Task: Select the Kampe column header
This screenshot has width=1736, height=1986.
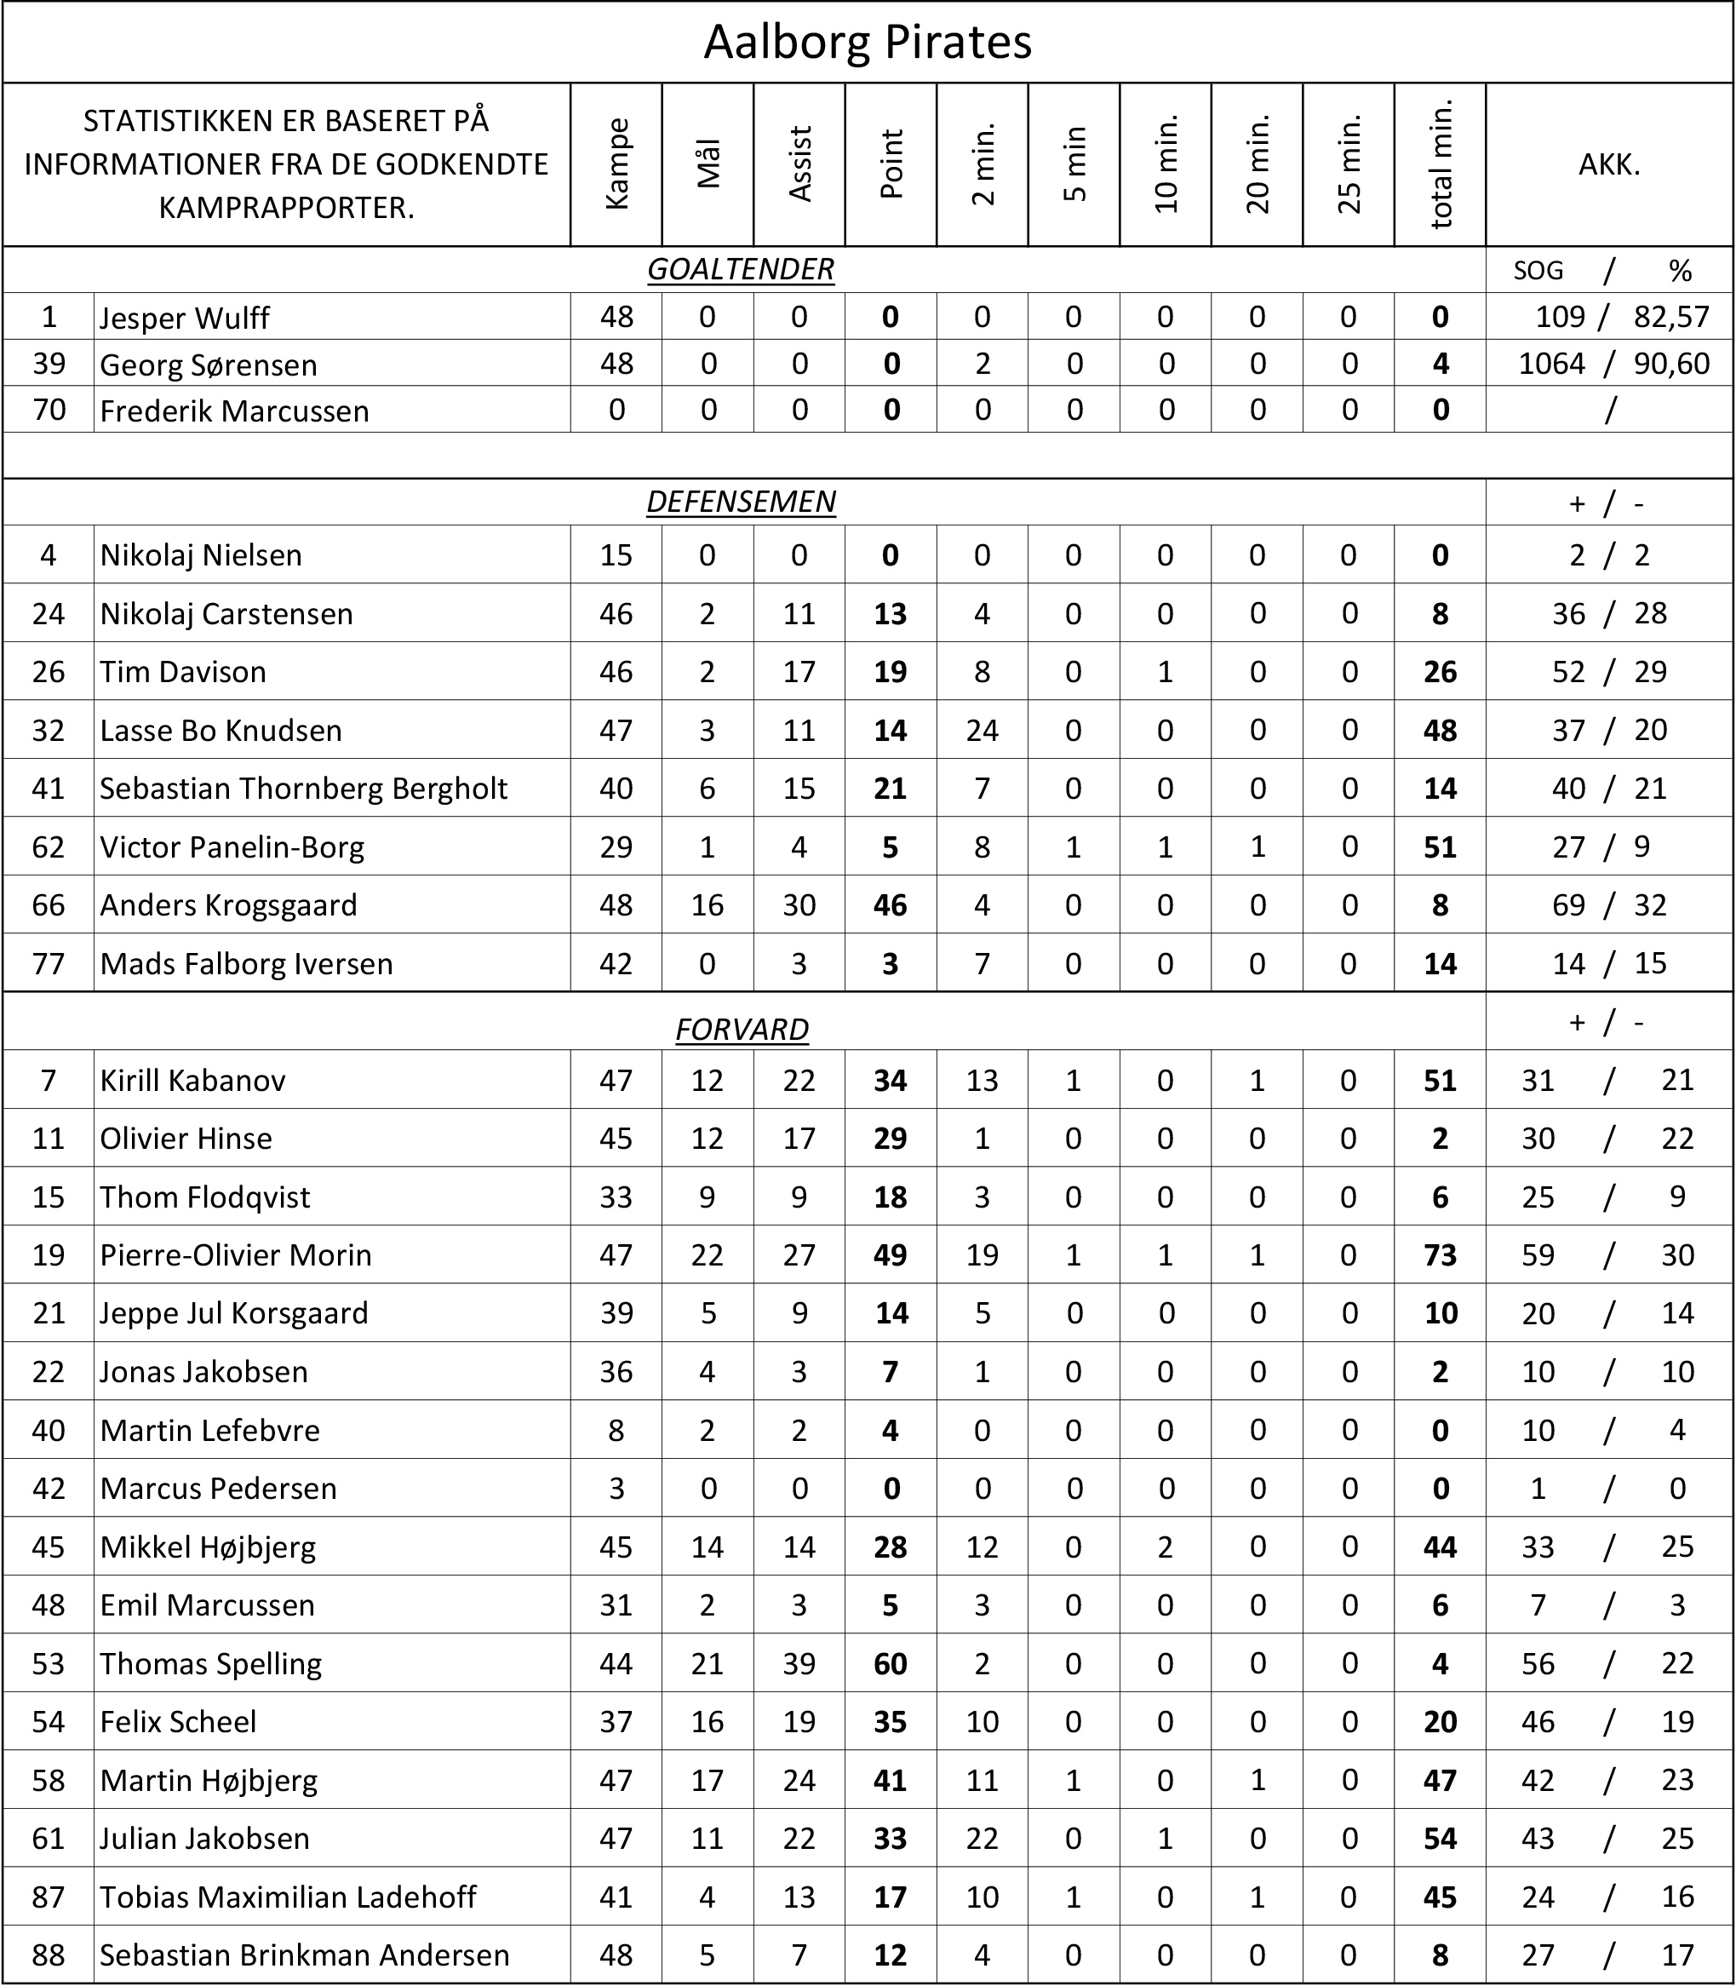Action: (616, 164)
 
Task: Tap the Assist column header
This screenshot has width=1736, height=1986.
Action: (799, 164)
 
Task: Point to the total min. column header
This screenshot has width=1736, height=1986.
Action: (1441, 164)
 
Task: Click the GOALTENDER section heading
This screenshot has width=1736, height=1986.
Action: (740, 269)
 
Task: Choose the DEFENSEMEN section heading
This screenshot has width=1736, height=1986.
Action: (740, 502)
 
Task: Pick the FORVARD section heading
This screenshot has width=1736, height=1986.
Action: (741, 1029)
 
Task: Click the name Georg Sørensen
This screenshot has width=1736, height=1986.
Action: (209, 364)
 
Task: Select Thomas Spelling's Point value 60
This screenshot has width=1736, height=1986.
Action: (891, 1663)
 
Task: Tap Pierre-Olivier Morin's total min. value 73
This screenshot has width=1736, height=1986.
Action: (1441, 1254)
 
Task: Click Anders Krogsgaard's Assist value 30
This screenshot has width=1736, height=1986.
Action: (799, 904)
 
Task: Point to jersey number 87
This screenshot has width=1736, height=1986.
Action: (49, 1896)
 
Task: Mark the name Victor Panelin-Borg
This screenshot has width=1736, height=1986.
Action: (232, 847)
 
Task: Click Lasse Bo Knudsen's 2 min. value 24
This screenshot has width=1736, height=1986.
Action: (982, 730)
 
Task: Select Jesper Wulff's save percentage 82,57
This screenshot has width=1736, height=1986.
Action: (1671, 317)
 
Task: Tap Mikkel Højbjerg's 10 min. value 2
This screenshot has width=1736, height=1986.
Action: (1166, 1547)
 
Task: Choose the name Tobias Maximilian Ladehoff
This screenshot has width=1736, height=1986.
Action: (288, 1896)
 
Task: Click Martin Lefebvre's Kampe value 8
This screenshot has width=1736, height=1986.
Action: (616, 1430)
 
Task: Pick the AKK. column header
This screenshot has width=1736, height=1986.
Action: (1609, 164)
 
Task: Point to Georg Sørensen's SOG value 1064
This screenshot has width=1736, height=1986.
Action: (1552, 364)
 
